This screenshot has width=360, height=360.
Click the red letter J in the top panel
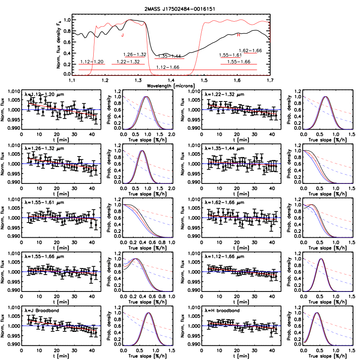click(x=123, y=36)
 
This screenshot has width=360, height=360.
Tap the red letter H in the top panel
click(x=239, y=35)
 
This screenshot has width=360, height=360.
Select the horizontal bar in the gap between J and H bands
click(x=169, y=59)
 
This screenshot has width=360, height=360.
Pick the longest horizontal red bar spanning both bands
click(x=167, y=70)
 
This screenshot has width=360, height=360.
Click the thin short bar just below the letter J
click(x=134, y=57)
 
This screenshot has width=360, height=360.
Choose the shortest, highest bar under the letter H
click(x=251, y=53)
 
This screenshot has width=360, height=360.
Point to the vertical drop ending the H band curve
click(x=270, y=33)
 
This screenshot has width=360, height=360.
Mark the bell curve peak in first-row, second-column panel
click(x=146, y=97)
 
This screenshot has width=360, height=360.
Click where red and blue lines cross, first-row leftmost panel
click(x=65, y=110)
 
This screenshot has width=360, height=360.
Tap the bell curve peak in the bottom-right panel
click(x=316, y=313)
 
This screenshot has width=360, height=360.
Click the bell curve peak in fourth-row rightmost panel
click(x=321, y=259)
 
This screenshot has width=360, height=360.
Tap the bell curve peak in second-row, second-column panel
click(x=141, y=151)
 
